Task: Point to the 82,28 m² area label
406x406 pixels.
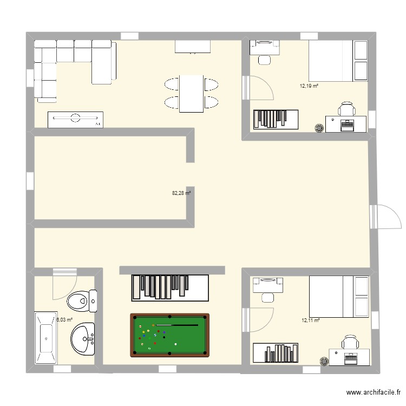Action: (x=181, y=193)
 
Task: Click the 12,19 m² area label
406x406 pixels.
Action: (x=309, y=86)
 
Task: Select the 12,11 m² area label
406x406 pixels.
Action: (x=310, y=320)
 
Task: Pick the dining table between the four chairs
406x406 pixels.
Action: (x=191, y=93)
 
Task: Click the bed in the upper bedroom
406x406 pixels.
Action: (x=338, y=60)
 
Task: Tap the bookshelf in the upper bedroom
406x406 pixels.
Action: (x=276, y=119)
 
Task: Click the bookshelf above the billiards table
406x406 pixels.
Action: (x=170, y=287)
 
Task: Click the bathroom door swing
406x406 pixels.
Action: (x=64, y=285)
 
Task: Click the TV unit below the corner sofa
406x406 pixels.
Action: (x=75, y=120)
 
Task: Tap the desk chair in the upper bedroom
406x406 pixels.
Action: (x=347, y=110)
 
